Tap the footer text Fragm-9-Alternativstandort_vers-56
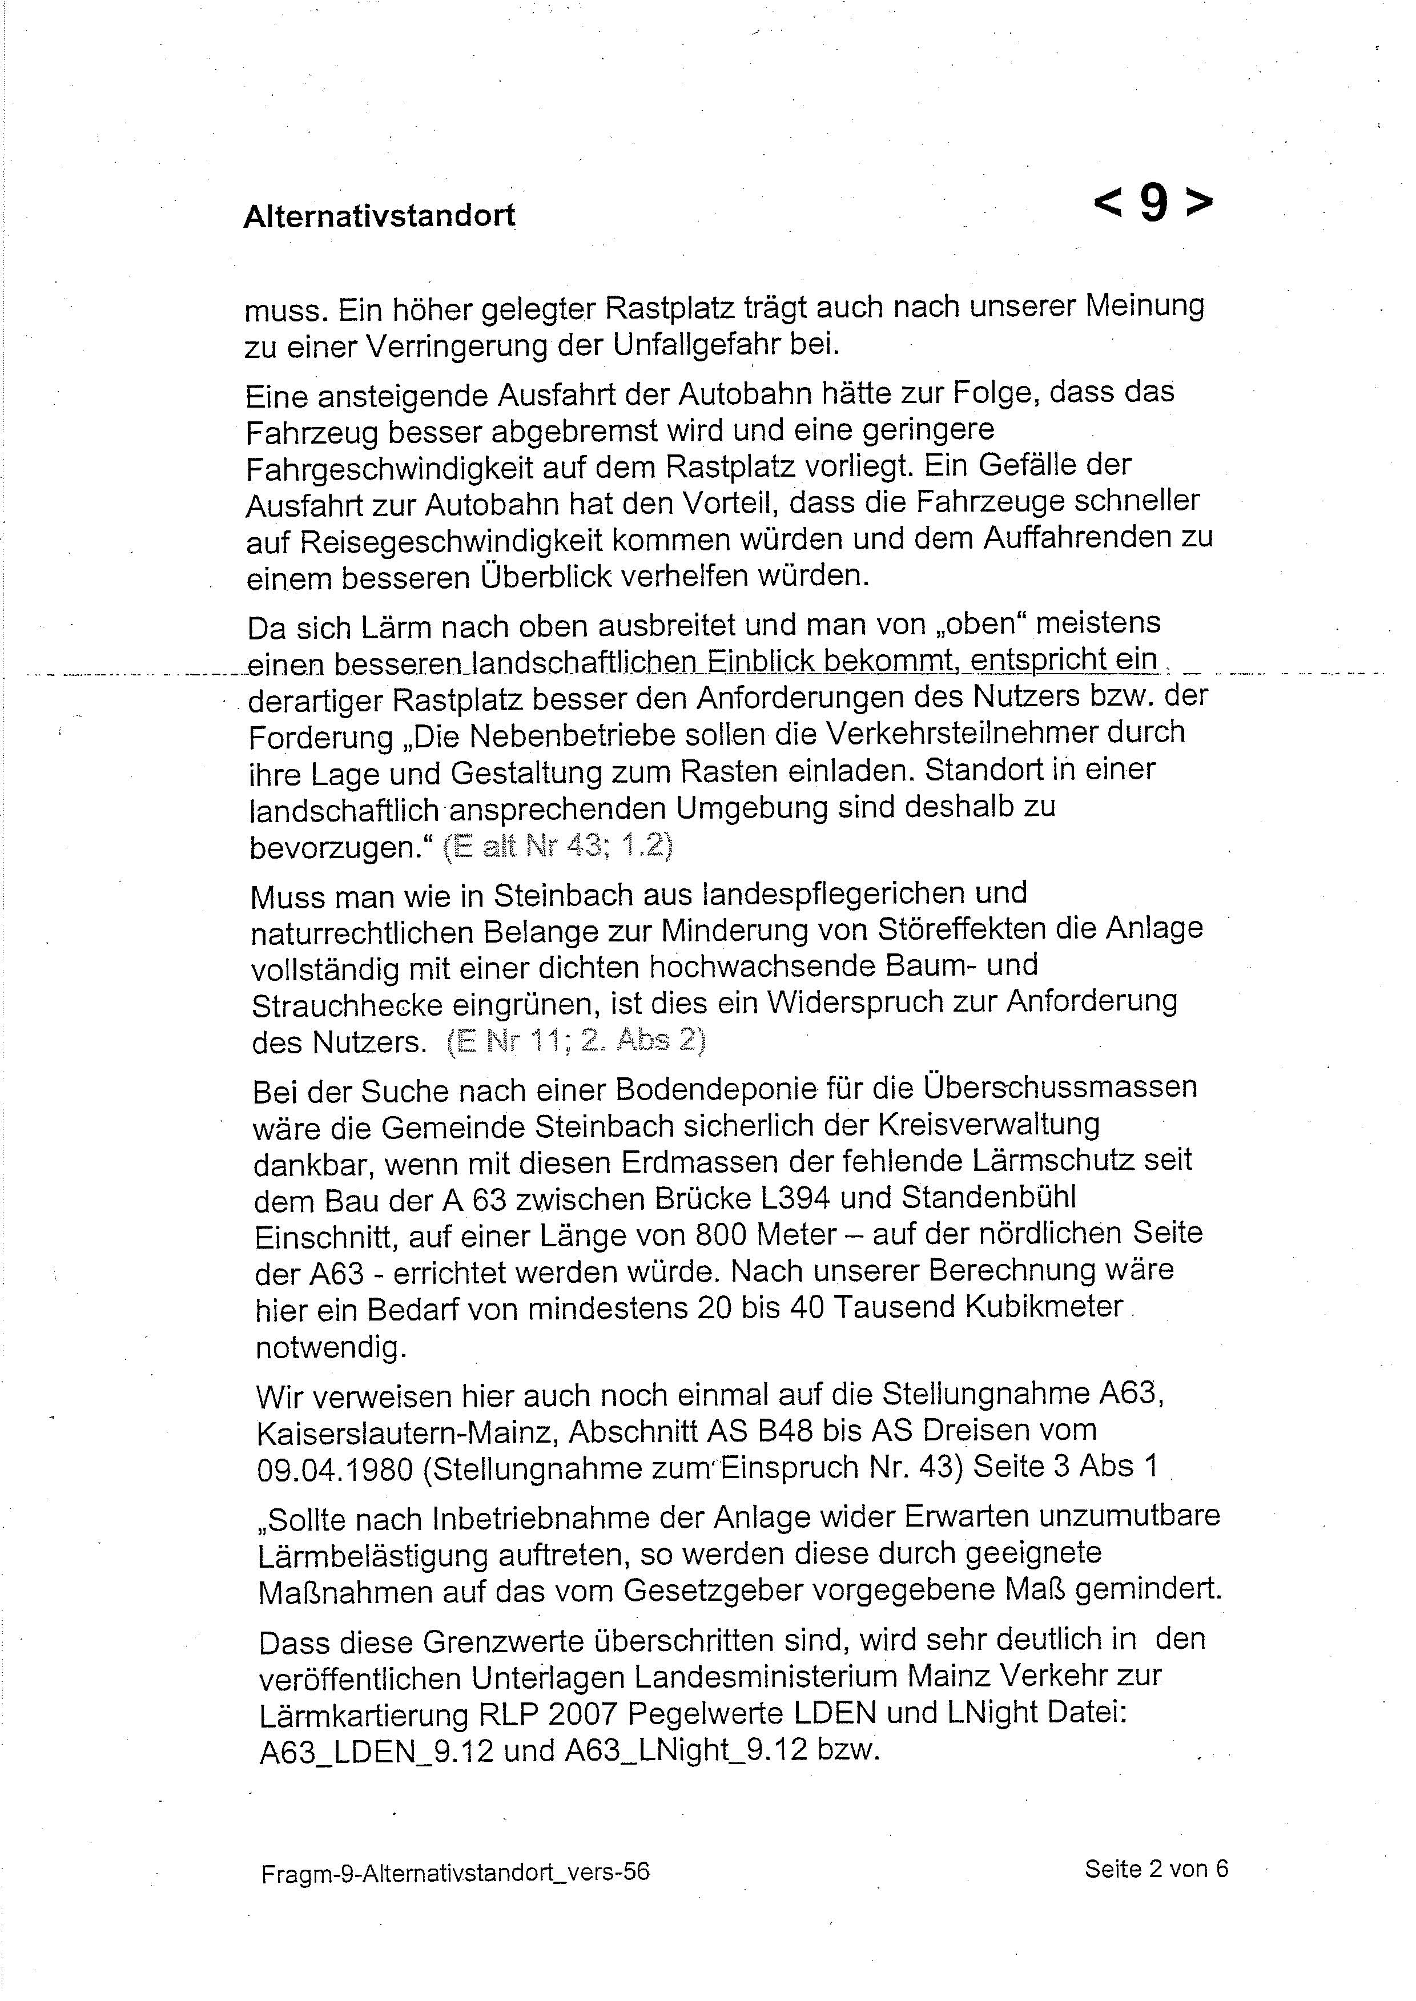point(455,1872)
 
